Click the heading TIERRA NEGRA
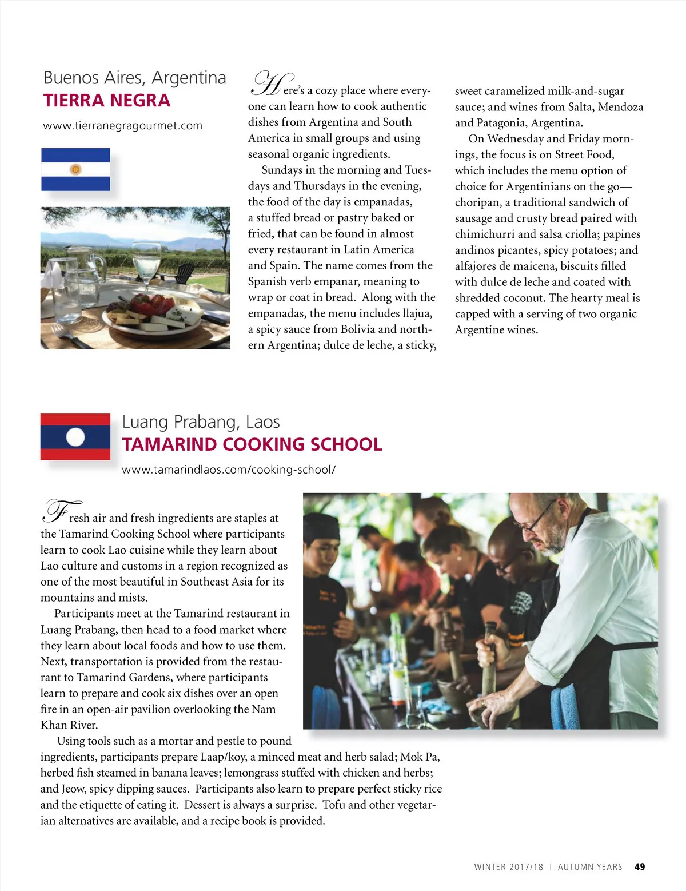107,101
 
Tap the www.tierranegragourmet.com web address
122,126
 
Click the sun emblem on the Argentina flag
75,169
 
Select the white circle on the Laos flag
75,437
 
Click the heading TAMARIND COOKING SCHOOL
252,444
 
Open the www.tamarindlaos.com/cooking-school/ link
229,470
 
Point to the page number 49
640,867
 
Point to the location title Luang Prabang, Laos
201,422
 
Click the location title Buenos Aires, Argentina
134,78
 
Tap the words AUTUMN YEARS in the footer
590,867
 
